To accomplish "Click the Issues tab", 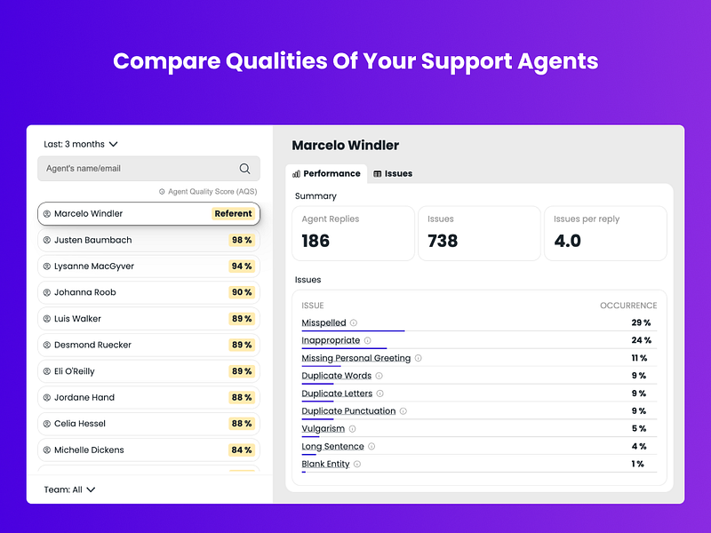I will click(393, 173).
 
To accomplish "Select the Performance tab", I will click(326, 173).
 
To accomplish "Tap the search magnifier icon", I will click(244, 169).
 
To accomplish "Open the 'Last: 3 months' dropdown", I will click(81, 144).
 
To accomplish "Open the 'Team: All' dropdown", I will click(69, 489).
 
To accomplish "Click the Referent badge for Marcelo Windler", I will click(234, 213).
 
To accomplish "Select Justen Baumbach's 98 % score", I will click(241, 240).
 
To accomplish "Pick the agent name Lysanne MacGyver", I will click(94, 266).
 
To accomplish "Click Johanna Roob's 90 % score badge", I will click(241, 292).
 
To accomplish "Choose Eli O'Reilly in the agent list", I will click(75, 371).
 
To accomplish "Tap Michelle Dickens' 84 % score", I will click(241, 450).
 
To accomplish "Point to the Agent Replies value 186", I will click(316, 241).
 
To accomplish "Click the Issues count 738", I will click(442, 241).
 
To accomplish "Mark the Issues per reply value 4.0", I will click(568, 241).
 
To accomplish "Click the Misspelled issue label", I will click(324, 323).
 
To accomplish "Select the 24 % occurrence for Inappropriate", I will click(641, 340).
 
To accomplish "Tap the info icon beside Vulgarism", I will click(353, 429).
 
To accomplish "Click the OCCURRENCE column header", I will click(628, 306).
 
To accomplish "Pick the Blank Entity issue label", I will click(325, 465).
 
